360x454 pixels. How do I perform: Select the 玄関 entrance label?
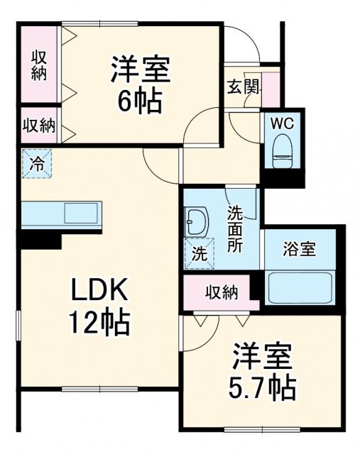pyautogui.click(x=243, y=88)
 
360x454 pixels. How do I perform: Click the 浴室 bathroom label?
pyautogui.click(x=299, y=250)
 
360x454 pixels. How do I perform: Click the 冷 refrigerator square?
pyautogui.click(x=37, y=165)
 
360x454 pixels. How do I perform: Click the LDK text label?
pyautogui.click(x=99, y=291)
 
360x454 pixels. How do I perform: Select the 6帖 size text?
pyautogui.click(x=139, y=101)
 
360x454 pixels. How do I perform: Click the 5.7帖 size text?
pyautogui.click(x=262, y=387)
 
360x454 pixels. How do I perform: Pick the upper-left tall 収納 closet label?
pyautogui.click(x=39, y=65)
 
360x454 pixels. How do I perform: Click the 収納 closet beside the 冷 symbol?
pyautogui.click(x=39, y=126)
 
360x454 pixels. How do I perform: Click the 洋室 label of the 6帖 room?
pyautogui.click(x=139, y=70)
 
